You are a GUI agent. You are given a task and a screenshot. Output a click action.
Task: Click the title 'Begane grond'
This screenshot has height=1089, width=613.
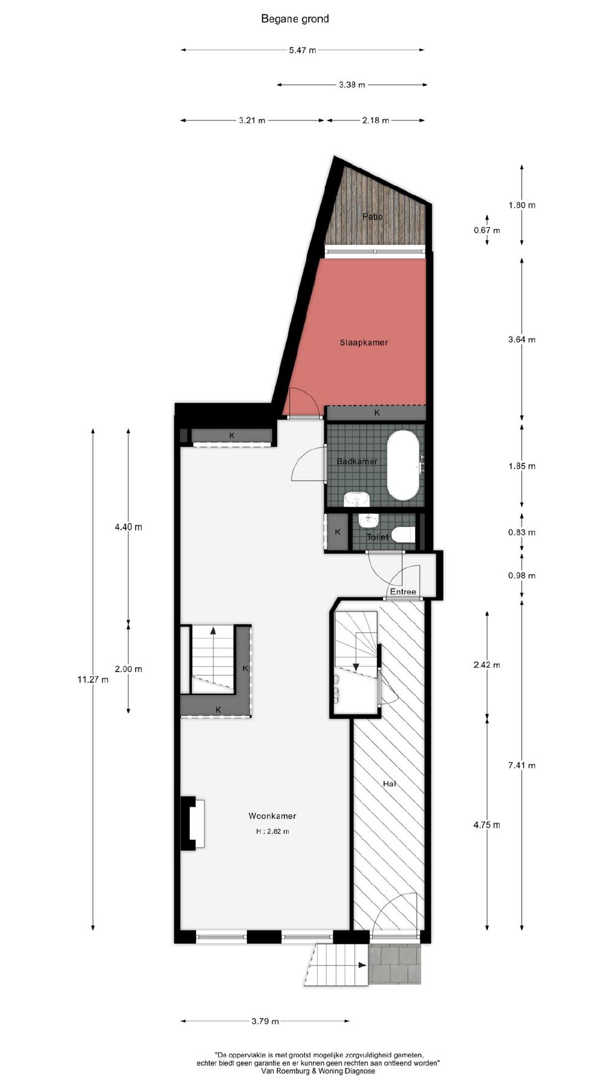(295, 19)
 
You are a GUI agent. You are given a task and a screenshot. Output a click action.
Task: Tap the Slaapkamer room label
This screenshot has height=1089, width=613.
(364, 342)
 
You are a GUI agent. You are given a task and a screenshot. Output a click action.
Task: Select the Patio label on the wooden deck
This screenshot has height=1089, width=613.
(373, 217)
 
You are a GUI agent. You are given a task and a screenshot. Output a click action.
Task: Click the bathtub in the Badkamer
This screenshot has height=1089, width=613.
(403, 465)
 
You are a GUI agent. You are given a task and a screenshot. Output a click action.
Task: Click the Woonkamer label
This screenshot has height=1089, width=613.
(272, 816)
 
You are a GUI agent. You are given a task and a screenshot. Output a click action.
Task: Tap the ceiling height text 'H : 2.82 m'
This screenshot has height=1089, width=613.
(272, 831)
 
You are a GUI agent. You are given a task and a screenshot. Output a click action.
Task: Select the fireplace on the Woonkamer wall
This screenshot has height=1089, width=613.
(193, 823)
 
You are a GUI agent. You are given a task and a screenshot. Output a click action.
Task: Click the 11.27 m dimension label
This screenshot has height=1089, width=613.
(93, 679)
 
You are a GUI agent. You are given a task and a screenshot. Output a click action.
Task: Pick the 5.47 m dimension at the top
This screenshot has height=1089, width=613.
(302, 50)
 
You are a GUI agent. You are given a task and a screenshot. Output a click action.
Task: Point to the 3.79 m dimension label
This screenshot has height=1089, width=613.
(265, 1022)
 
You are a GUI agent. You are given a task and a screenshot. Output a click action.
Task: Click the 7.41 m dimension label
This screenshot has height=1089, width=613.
(522, 765)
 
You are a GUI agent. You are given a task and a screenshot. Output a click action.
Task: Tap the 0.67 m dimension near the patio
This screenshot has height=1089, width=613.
(487, 231)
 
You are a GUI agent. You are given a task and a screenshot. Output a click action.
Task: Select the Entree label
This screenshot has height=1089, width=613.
(403, 592)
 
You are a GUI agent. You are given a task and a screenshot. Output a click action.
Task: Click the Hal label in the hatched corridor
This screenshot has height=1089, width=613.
(390, 783)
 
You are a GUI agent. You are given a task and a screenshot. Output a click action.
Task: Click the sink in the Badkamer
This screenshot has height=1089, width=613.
(357, 500)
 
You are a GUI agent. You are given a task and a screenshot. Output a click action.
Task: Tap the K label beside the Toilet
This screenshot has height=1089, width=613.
(338, 532)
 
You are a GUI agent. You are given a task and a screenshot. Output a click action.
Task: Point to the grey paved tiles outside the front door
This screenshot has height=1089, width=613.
(395, 964)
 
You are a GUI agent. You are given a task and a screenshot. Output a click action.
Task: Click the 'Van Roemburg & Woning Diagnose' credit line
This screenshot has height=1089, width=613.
(318, 1070)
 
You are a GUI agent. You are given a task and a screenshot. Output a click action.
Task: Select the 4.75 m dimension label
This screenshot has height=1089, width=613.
(487, 825)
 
